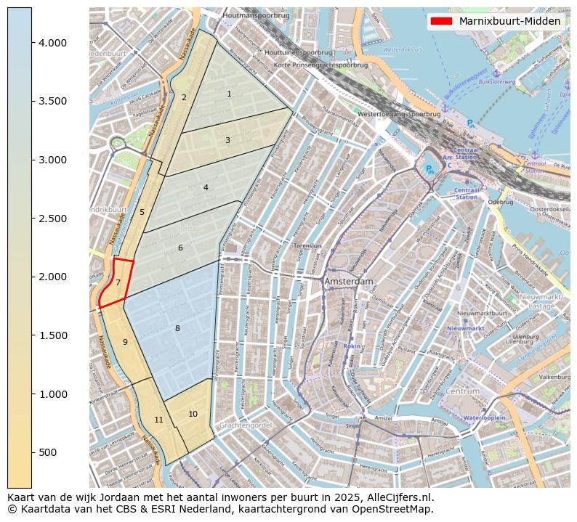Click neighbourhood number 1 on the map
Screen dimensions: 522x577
tap(229, 94)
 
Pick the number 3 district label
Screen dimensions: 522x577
tap(227, 140)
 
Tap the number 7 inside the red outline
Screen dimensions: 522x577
tap(118, 283)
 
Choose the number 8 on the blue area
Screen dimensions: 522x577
tap(177, 329)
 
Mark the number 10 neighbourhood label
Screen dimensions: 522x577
tap(193, 414)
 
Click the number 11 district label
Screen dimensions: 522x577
tap(158, 420)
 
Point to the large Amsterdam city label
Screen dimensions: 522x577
tap(349, 281)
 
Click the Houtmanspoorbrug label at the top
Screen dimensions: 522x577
tap(257, 15)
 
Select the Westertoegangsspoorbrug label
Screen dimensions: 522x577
tap(399, 114)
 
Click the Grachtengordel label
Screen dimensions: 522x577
tap(245, 425)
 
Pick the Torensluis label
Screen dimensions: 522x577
tap(307, 246)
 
